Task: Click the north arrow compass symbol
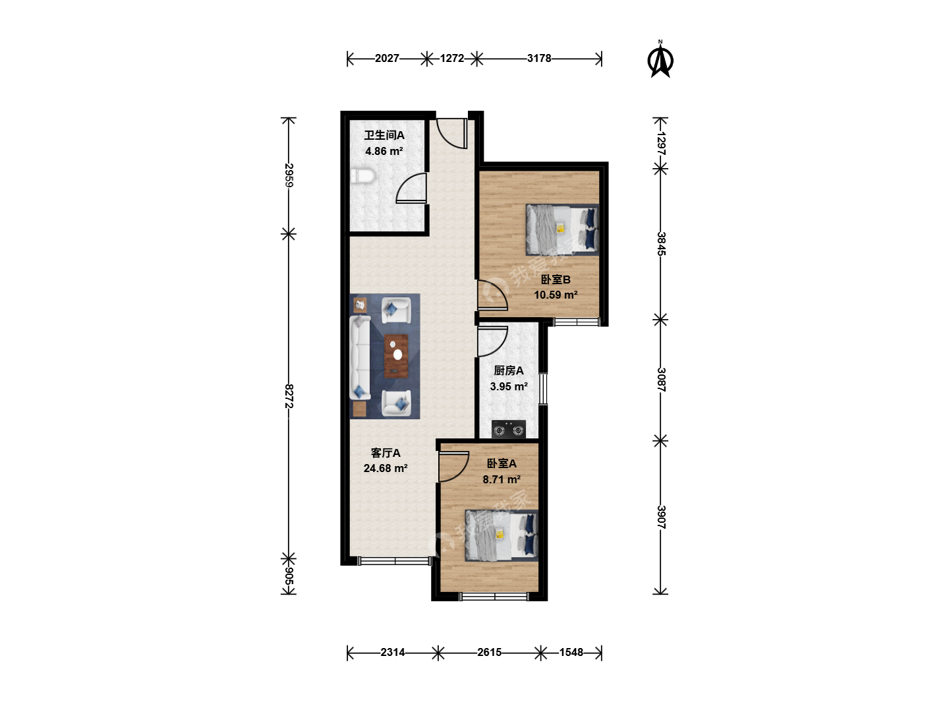pyautogui.click(x=660, y=59)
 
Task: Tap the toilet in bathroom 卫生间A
pyautogui.click(x=362, y=177)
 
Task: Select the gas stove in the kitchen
pyautogui.click(x=508, y=429)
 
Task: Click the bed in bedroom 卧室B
pyautogui.click(x=562, y=229)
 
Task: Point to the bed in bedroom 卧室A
pyautogui.click(x=502, y=535)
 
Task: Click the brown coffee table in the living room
pyautogui.click(x=396, y=356)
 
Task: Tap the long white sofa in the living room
pyautogui.click(x=360, y=357)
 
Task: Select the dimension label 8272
pyautogui.click(x=289, y=396)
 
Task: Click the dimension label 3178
pyautogui.click(x=539, y=58)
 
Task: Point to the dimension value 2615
pyautogui.click(x=489, y=652)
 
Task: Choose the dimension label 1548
pyautogui.click(x=571, y=652)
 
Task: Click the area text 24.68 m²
pyautogui.click(x=386, y=468)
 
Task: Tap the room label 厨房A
pyautogui.click(x=508, y=371)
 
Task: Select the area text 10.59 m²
pyautogui.click(x=556, y=295)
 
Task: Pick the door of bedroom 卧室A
pyautogui.click(x=454, y=467)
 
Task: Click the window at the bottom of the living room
pyautogui.click(x=395, y=561)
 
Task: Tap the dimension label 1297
pyautogui.click(x=661, y=143)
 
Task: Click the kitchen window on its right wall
pyautogui.click(x=543, y=389)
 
